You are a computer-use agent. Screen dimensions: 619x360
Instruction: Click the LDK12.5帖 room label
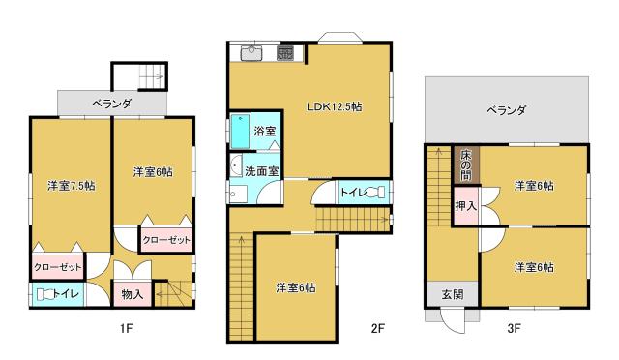coord(334,106)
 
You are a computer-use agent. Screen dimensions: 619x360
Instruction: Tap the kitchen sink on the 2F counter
coord(251,53)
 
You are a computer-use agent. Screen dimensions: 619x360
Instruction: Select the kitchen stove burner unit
coord(284,53)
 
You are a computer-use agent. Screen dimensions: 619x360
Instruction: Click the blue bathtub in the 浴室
coord(241,132)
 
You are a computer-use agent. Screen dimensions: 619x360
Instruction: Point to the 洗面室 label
coord(262,171)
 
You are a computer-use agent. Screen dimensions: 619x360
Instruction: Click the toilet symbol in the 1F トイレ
coord(44,294)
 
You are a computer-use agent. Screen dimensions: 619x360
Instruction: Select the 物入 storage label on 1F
coord(132,294)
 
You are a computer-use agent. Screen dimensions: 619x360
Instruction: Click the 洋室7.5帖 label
coord(72,186)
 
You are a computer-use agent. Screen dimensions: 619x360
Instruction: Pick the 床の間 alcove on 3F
coord(466,165)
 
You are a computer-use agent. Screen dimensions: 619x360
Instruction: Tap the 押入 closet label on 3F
coord(466,206)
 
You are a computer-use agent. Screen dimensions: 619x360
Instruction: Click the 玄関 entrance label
coord(453,294)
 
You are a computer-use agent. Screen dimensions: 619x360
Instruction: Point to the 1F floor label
coord(127,328)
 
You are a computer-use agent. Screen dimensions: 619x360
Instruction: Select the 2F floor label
coord(378,328)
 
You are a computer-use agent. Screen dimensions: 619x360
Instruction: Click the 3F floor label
coord(514,328)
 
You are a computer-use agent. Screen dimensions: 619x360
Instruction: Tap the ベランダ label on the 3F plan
coord(507,110)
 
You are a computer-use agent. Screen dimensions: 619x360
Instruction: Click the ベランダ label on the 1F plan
coord(112,104)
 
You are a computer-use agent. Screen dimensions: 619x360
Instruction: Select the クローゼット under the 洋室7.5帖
coord(58,267)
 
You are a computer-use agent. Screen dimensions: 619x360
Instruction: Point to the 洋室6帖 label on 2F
coord(296,287)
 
